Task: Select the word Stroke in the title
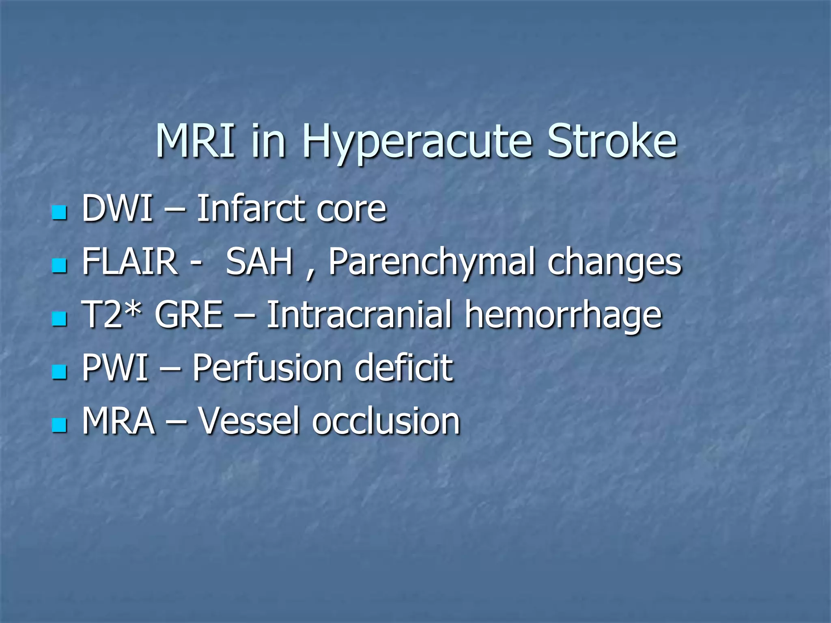pos(612,141)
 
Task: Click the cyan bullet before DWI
pos(59,212)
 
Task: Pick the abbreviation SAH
pos(259,262)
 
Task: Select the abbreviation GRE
pos(189,315)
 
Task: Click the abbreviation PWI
pos(115,367)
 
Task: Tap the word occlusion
pos(386,421)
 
